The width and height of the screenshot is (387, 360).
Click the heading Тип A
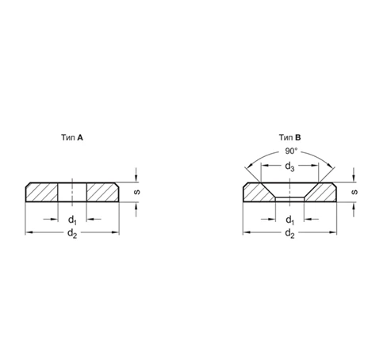[x=72, y=137]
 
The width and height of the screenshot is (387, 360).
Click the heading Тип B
[x=290, y=137]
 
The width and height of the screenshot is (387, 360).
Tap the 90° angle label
[x=291, y=151]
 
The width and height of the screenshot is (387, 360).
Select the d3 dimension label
[x=289, y=167]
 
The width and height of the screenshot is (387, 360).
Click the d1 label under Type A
[x=72, y=220]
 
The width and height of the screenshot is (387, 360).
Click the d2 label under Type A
[x=72, y=234]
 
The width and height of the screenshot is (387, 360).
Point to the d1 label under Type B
[x=290, y=220]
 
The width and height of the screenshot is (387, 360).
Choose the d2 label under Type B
[x=290, y=234]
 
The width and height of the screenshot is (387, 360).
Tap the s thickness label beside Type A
[x=137, y=192]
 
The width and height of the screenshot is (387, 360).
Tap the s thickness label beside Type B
[x=355, y=192]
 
